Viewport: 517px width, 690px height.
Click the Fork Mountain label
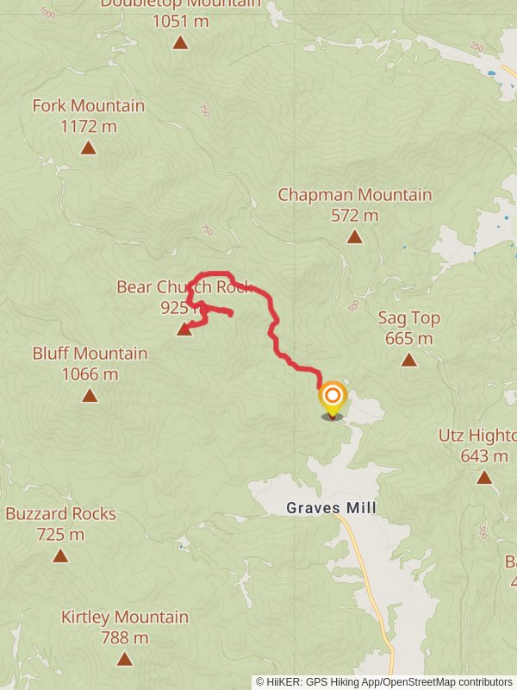[88, 106]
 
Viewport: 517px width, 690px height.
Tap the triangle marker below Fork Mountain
[88, 148]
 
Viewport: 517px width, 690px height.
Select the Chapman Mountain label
[354, 195]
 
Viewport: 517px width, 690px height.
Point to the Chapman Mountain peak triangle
[354, 237]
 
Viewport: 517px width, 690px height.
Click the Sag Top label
[408, 317]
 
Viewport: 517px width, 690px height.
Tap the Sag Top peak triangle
[408, 361]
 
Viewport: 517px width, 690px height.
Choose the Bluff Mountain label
[90, 354]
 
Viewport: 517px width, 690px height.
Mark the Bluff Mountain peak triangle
[90, 396]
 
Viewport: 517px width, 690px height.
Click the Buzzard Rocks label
[60, 514]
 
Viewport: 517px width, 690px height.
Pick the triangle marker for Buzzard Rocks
[60, 555]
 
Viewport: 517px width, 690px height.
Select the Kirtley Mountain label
[124, 618]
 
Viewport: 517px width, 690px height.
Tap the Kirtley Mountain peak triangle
[124, 660]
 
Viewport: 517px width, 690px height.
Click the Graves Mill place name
[331, 509]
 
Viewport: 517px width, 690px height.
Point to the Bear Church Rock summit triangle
[184, 329]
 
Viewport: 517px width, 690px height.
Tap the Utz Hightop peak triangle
[484, 477]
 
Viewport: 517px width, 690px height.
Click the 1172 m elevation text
[88, 127]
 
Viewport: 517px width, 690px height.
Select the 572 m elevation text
[354, 216]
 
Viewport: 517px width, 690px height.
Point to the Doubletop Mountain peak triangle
[180, 42]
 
